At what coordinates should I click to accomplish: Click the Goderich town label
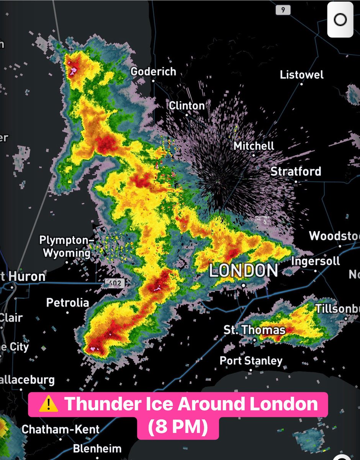pyautogui.click(x=153, y=72)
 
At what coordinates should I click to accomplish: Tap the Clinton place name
pyautogui.click(x=187, y=105)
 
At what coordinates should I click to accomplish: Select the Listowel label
pyautogui.click(x=302, y=75)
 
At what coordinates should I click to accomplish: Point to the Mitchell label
pyautogui.click(x=254, y=146)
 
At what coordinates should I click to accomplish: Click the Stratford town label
pyautogui.click(x=296, y=171)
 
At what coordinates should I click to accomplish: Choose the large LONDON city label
pyautogui.click(x=244, y=271)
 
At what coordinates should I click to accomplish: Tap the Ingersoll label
pyautogui.click(x=316, y=261)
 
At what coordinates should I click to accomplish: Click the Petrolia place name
pyautogui.click(x=67, y=303)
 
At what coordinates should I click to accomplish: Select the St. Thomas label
pyautogui.click(x=255, y=330)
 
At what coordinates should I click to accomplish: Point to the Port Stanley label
pyautogui.click(x=251, y=361)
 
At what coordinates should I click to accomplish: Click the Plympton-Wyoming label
pyautogui.click(x=67, y=247)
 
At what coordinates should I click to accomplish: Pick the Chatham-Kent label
pyautogui.click(x=61, y=429)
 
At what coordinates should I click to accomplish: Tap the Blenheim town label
pyautogui.click(x=97, y=449)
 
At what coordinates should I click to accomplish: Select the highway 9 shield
pyautogui.click(x=283, y=10)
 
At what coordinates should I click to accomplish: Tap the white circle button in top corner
pyautogui.click(x=340, y=20)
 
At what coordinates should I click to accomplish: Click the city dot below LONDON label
pyautogui.click(x=244, y=285)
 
